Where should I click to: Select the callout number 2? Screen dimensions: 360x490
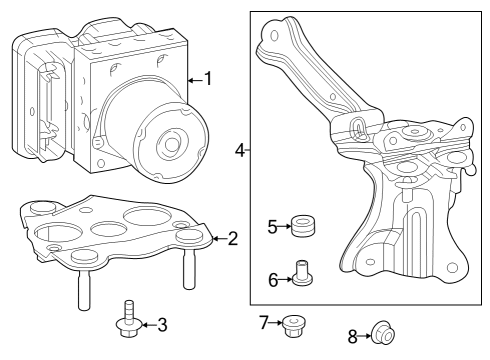coord(232,238)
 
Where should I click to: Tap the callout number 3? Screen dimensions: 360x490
coord(162,324)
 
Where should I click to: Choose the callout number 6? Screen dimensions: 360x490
coord(273,279)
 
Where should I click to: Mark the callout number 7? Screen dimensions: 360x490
coord(264,321)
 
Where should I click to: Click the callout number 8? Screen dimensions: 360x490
coord(352,338)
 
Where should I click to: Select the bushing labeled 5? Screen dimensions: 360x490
coord(299,227)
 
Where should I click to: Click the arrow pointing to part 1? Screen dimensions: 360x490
coord(194,79)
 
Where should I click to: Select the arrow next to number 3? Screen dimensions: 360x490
coord(148,324)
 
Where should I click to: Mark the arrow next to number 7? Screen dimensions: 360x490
coord(277,321)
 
